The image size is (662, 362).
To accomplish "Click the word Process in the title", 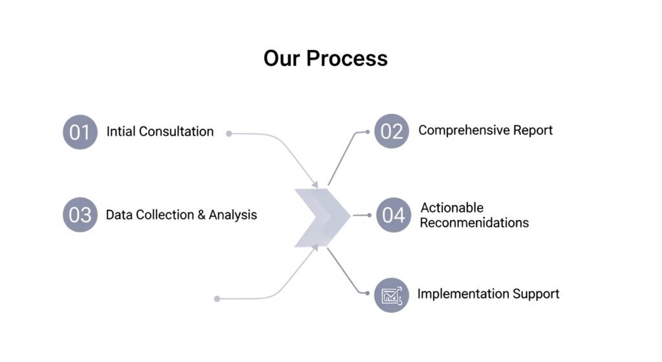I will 347,58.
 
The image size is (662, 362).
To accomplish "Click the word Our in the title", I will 283,58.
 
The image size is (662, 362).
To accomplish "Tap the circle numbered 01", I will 80,132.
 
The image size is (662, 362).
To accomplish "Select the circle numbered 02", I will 392,131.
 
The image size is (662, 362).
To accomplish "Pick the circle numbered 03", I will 80,215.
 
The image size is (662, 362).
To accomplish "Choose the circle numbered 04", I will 393,215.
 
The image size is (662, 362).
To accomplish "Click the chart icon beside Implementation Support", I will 392,295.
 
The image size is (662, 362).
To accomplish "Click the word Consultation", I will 176,131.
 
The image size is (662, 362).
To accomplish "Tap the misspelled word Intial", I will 121,131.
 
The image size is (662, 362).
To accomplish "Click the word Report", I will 533,130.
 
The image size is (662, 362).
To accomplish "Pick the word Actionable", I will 452,208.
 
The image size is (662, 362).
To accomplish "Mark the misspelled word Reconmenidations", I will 474,223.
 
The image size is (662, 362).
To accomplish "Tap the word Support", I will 536,294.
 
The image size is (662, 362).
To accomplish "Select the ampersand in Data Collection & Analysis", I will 200,215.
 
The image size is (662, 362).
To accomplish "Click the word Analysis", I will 233,215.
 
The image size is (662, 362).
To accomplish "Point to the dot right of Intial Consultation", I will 229,133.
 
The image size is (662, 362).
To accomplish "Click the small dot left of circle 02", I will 367,131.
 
